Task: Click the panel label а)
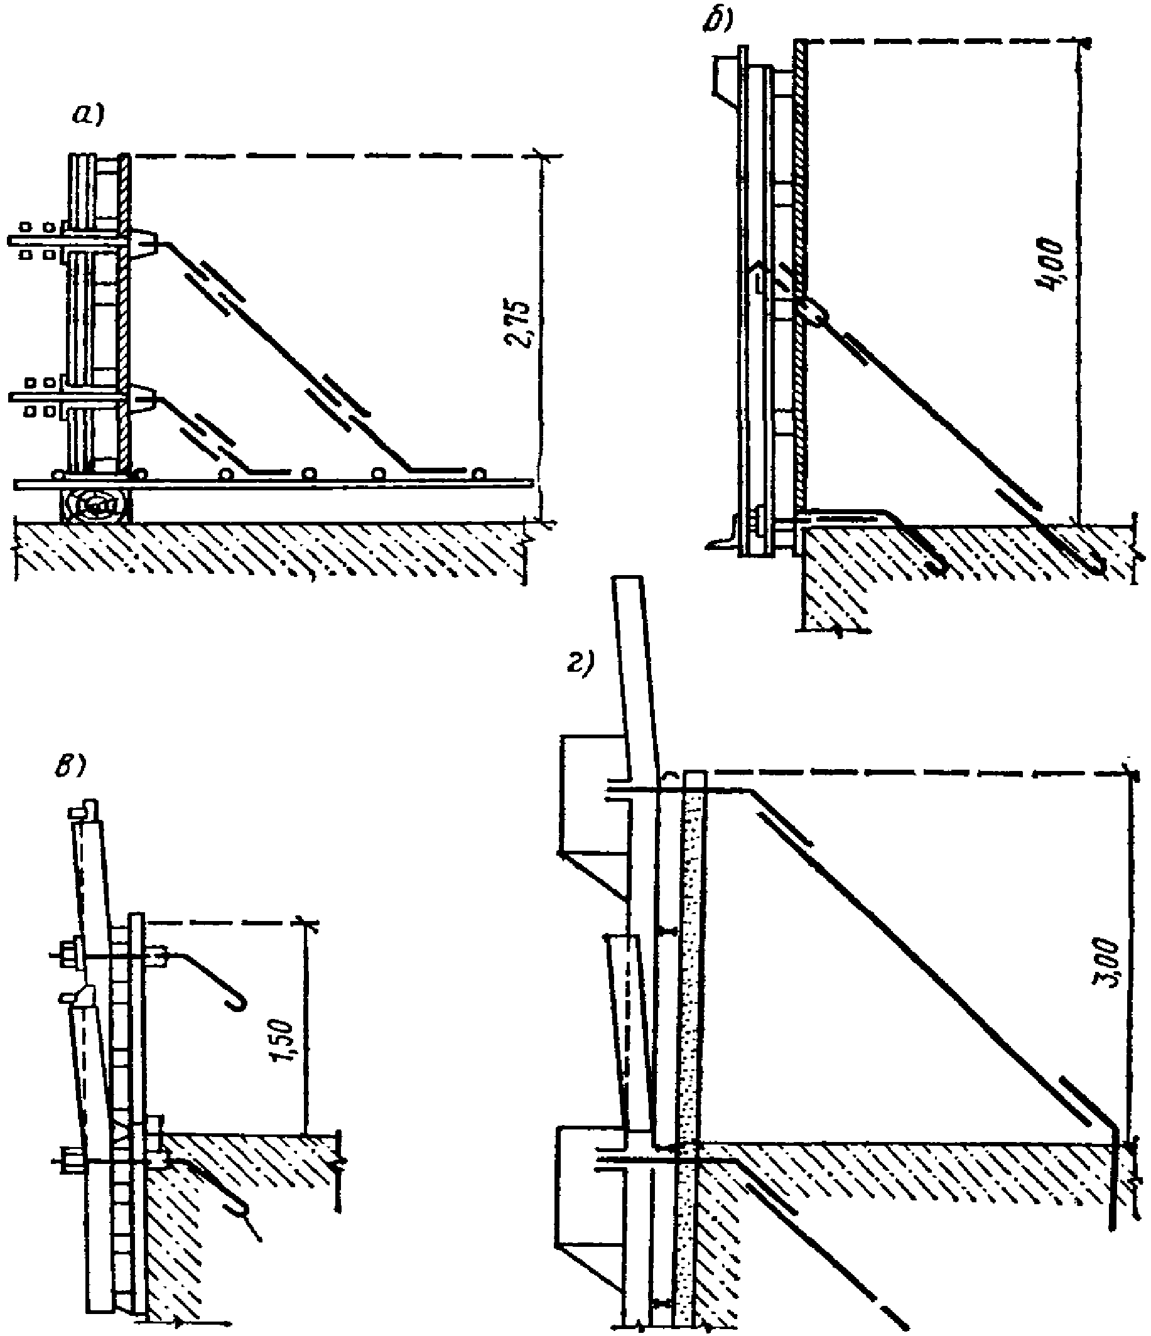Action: click(x=87, y=117)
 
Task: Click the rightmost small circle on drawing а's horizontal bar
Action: click(x=478, y=474)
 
